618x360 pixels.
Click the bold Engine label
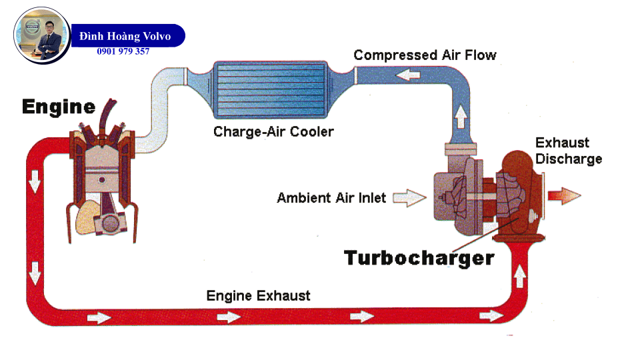click(59, 106)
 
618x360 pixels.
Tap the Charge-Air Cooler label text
click(273, 131)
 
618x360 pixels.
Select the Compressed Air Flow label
click(425, 55)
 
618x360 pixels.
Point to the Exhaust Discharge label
click(569, 151)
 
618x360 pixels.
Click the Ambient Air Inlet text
click(331, 198)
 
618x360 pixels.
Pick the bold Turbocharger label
click(419, 257)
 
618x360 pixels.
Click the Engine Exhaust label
click(258, 295)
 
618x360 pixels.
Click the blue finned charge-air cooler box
click(269, 89)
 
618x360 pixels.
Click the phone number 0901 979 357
click(123, 51)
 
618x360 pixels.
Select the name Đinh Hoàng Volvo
click(125, 36)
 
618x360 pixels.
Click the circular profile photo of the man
click(42, 35)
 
